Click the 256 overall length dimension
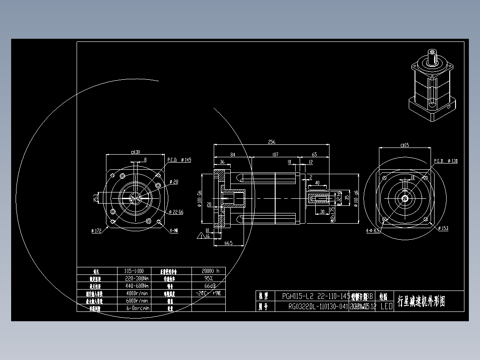[272, 142]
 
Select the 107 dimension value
[275, 155]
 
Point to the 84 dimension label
[232, 155]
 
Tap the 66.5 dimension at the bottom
[228, 243]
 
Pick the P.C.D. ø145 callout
[179, 160]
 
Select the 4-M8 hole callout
[174, 230]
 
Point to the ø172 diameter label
[96, 230]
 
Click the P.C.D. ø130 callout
[446, 161]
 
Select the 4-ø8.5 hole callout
[373, 231]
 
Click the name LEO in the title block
[386, 307]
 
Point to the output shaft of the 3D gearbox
[432, 57]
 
